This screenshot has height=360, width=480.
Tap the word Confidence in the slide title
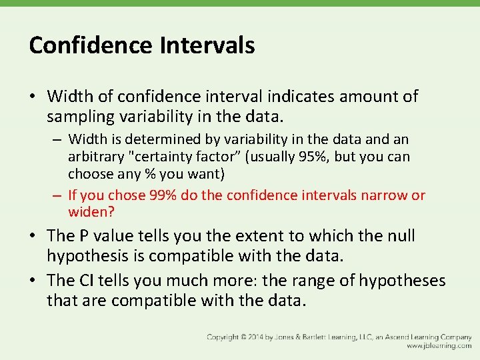[91, 45]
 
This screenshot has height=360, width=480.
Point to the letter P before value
[86, 236]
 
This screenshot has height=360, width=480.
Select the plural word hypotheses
[402, 281]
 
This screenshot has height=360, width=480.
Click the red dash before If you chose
[58, 195]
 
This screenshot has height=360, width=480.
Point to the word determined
[150, 139]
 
